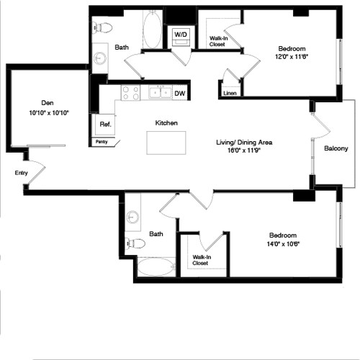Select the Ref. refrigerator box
(x=104, y=124)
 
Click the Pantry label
(x=103, y=142)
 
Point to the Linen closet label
(x=230, y=94)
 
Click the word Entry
(x=21, y=173)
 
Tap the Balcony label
(x=336, y=149)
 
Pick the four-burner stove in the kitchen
(x=130, y=92)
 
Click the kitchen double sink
(x=160, y=92)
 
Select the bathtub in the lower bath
(x=155, y=267)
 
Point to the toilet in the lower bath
(x=135, y=243)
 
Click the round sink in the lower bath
(x=133, y=217)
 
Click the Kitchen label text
(x=166, y=123)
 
